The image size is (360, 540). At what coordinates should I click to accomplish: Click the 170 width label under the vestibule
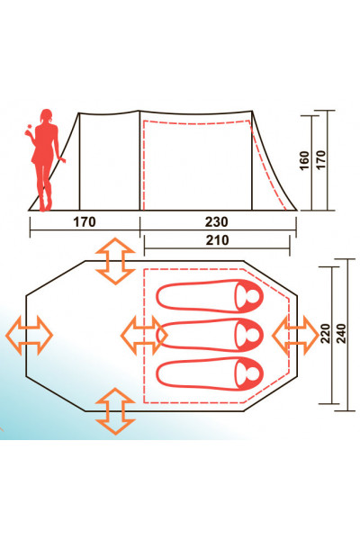coord(84,220)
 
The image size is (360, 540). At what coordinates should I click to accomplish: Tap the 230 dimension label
coord(216,220)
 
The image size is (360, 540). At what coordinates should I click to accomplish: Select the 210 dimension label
coord(216,240)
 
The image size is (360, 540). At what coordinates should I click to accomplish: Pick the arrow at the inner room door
coord(142,334)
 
